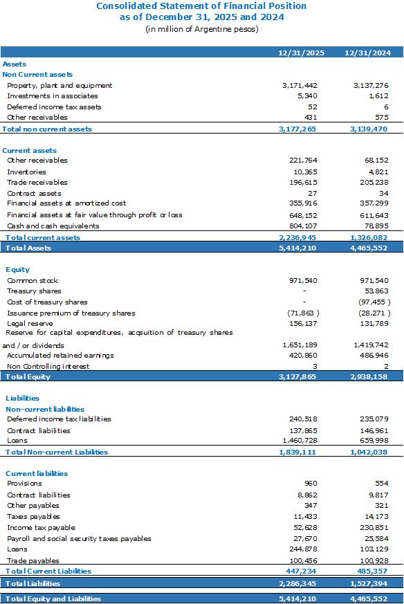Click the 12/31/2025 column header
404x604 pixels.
301,53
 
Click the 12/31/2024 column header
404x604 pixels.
367,53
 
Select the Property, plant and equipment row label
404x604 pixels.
59,86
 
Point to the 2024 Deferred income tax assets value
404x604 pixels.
386,107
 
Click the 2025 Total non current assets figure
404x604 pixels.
297,129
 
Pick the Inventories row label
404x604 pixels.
26,172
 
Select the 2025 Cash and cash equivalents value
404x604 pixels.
303,226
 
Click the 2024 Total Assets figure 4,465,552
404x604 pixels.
369,248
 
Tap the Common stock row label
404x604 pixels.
33,280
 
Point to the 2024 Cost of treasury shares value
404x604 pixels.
374,302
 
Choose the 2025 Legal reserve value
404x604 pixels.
303,324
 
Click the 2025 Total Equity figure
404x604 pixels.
297,377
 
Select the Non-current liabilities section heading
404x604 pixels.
45,409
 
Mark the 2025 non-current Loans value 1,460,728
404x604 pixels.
300,440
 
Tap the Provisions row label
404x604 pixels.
24,484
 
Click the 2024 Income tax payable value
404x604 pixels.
374,528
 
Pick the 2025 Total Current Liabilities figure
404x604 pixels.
301,571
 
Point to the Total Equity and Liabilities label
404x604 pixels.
53,598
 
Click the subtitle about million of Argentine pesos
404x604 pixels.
202,29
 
